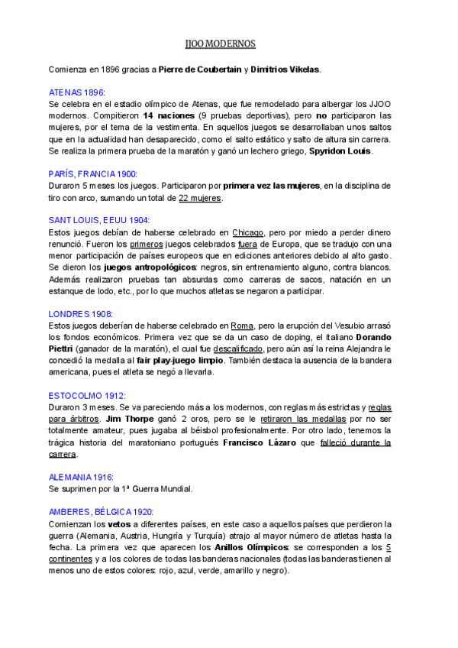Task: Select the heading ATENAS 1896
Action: (x=76, y=92)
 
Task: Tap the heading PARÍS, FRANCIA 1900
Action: (x=92, y=174)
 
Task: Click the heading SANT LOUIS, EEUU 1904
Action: (x=98, y=220)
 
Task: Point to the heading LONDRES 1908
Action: (x=80, y=313)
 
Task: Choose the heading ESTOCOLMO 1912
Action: (x=86, y=396)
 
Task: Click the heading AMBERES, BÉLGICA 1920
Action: (x=101, y=512)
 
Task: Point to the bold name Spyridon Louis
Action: (x=340, y=151)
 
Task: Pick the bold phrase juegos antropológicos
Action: (x=135, y=267)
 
